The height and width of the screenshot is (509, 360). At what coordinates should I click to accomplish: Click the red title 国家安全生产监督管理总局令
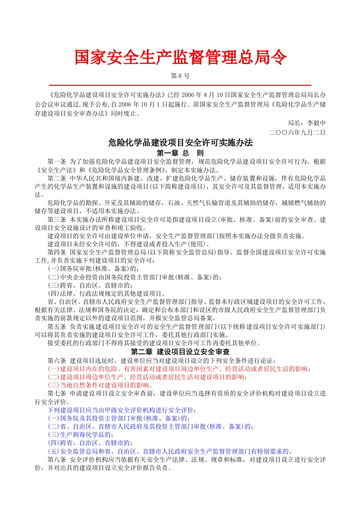[180, 58]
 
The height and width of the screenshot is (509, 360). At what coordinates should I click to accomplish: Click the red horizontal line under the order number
[180, 85]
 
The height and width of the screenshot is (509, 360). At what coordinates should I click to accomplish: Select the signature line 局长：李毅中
[306, 123]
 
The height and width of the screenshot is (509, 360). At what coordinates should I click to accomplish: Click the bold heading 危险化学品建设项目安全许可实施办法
[180, 142]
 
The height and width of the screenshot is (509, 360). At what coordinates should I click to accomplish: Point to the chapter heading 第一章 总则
[180, 152]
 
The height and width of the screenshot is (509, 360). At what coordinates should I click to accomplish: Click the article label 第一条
[57, 162]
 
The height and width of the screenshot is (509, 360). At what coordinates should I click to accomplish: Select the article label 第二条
[57, 178]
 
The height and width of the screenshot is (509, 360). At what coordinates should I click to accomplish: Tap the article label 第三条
[57, 220]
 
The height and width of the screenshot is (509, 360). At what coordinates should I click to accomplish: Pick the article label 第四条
[57, 252]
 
